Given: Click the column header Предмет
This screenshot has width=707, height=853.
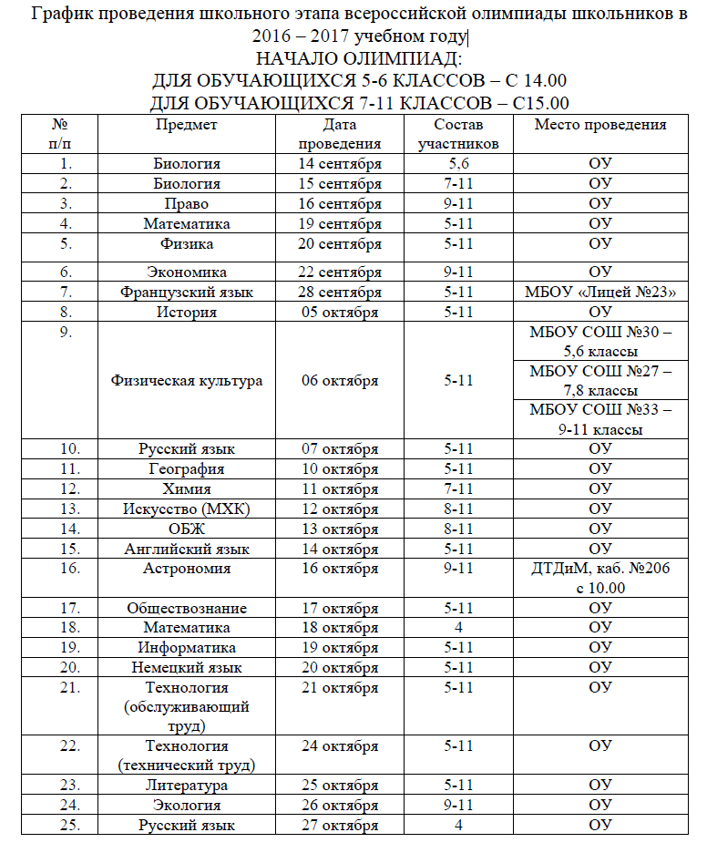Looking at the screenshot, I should click(186, 125).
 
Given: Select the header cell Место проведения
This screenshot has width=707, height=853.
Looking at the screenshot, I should click(599, 125).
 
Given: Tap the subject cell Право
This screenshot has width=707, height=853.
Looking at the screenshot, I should click(186, 204).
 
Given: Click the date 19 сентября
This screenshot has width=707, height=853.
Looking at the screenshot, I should click(339, 223).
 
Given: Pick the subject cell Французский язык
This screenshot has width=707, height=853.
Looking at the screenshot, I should click(186, 293).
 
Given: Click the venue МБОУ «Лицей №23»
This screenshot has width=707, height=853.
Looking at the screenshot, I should click(599, 293).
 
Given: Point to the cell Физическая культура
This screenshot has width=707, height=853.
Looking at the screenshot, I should click(186, 381).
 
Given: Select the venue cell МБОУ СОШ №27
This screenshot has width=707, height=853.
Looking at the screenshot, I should click(599, 380).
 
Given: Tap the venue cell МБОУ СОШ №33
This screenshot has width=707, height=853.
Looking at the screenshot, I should click(599, 419).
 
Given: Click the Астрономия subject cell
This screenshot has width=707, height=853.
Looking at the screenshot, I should click(186, 569).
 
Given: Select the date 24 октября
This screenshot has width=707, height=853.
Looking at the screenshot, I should click(339, 746).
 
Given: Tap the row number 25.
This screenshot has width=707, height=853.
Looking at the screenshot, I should click(64, 826).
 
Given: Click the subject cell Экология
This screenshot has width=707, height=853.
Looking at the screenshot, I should click(186, 806).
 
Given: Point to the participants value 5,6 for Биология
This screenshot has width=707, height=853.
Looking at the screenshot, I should click(458, 164).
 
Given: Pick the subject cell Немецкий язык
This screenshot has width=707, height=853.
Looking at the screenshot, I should click(186, 668).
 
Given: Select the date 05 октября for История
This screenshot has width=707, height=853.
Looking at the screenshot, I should click(339, 313).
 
